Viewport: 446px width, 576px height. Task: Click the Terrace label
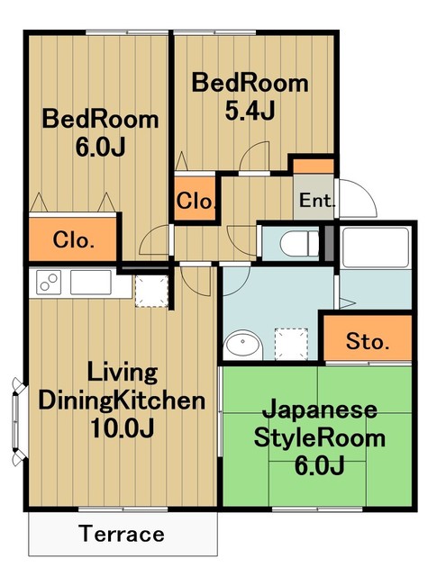coord(122,534)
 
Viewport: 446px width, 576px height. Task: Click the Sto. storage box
coord(367,341)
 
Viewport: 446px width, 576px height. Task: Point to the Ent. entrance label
coord(317,200)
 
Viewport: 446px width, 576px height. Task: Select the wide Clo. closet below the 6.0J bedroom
coord(74,239)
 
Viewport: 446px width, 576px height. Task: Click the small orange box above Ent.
coord(315,166)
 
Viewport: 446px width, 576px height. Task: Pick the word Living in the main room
coord(122,373)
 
